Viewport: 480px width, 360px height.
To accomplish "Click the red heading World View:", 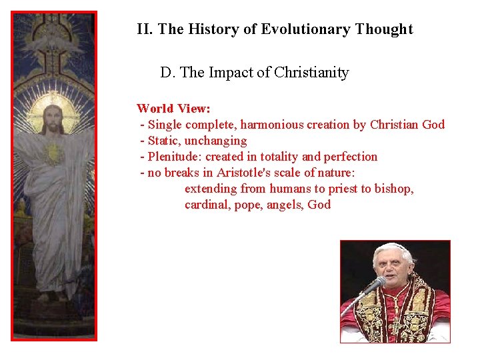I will pos(173,108).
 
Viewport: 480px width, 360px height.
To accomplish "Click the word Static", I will pos(163,141).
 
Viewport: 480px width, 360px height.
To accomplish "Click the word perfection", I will pos(351,157).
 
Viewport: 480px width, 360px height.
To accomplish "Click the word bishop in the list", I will pos(393,189).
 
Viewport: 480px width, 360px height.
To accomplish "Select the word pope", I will pos(247,205).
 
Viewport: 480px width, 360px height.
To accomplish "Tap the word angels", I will pos(285,205).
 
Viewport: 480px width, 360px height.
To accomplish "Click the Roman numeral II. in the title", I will pos(145,29).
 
